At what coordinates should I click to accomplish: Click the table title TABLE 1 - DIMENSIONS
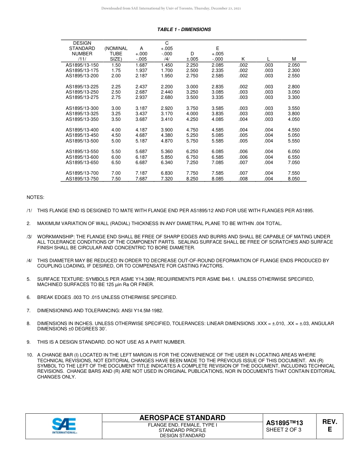(184, 30)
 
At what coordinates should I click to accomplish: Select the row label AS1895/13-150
(82, 65)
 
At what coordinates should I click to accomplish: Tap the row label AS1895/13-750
(82, 179)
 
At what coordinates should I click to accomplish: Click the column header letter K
(243, 59)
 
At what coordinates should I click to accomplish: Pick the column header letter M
(294, 59)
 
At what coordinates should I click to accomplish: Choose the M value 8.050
(294, 179)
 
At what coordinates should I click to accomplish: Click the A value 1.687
(141, 65)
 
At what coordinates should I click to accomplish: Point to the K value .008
(243, 179)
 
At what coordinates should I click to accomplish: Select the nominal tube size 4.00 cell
(116, 130)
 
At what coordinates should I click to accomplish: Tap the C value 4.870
(167, 141)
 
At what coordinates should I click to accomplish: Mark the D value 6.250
(192, 152)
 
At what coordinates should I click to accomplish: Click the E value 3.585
(218, 108)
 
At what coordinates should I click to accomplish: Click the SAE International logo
(64, 426)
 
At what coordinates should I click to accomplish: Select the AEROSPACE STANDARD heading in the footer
(182, 418)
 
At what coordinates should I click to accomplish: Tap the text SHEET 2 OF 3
(284, 430)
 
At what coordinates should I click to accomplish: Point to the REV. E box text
(330, 425)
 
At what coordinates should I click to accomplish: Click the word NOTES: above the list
(35, 197)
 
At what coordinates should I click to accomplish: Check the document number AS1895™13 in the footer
(285, 423)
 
